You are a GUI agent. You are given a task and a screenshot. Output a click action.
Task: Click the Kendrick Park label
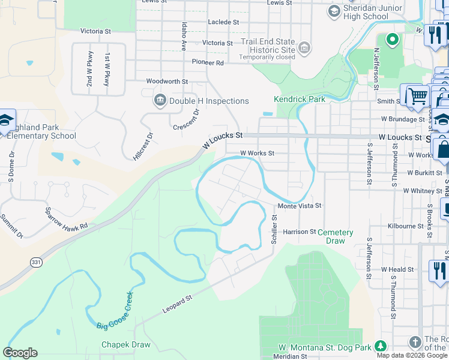(x=300, y=99)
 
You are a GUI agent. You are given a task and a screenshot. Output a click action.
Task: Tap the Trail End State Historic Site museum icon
(x=304, y=47)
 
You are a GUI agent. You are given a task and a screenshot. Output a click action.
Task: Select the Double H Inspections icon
(x=160, y=100)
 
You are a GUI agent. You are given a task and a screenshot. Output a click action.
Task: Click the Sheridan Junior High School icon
(x=334, y=11)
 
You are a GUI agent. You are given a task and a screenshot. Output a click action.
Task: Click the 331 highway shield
(x=35, y=262)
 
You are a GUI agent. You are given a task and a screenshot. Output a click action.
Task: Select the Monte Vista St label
(x=299, y=205)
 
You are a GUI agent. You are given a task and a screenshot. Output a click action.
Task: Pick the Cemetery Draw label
(x=335, y=236)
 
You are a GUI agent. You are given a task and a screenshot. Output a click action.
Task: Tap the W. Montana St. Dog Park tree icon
(x=380, y=347)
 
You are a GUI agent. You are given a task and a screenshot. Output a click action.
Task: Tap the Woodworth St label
(x=167, y=81)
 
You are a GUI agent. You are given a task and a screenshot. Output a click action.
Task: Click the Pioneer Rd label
(x=208, y=62)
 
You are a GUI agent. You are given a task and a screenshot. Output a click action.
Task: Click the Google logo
(x=20, y=353)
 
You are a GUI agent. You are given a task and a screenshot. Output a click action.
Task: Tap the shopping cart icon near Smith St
(x=418, y=95)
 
